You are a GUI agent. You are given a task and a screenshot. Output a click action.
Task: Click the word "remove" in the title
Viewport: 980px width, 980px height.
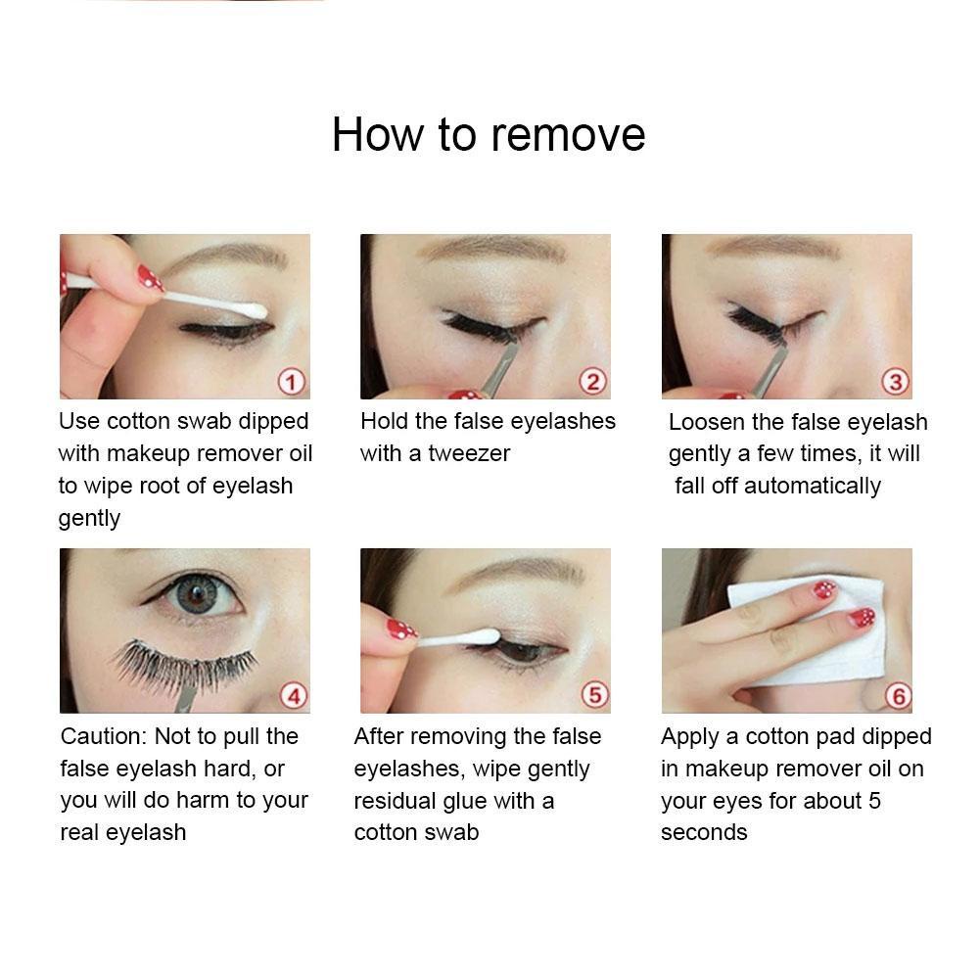pos(568,135)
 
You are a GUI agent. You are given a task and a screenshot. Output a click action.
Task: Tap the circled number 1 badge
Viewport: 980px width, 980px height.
pos(291,381)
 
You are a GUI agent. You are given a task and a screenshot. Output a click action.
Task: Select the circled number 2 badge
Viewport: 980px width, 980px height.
pos(592,381)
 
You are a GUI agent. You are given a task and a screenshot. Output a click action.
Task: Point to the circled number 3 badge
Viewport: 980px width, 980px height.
pos(895,381)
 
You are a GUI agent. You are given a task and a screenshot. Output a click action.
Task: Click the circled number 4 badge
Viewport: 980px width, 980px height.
pos(294,696)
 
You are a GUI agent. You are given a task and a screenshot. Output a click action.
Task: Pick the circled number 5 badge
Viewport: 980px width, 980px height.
pos(594,694)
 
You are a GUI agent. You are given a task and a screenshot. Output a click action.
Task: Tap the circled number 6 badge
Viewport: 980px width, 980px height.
pos(898,696)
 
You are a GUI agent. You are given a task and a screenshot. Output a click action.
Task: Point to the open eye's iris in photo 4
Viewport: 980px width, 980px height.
pos(196,593)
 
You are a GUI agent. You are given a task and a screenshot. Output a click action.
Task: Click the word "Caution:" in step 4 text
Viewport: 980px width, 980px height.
pos(104,736)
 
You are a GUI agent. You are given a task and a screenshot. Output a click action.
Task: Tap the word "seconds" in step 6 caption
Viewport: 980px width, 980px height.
pos(704,832)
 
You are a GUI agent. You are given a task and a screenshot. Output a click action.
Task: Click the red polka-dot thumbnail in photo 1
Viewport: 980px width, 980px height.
pos(150,277)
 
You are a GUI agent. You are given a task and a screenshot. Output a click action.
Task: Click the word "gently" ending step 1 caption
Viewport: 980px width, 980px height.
pos(89,519)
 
